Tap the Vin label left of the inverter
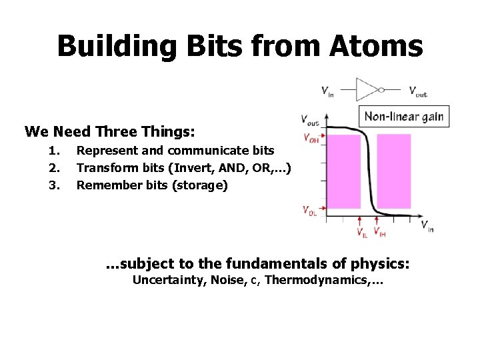coord(327,91)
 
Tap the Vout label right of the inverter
coord(418,91)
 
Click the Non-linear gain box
coord(403,117)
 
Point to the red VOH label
coord(311,139)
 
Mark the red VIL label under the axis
coord(361,233)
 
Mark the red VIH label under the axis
coord(379,233)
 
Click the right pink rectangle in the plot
coord(393,171)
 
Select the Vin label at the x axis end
coord(427,226)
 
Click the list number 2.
coord(54,167)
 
